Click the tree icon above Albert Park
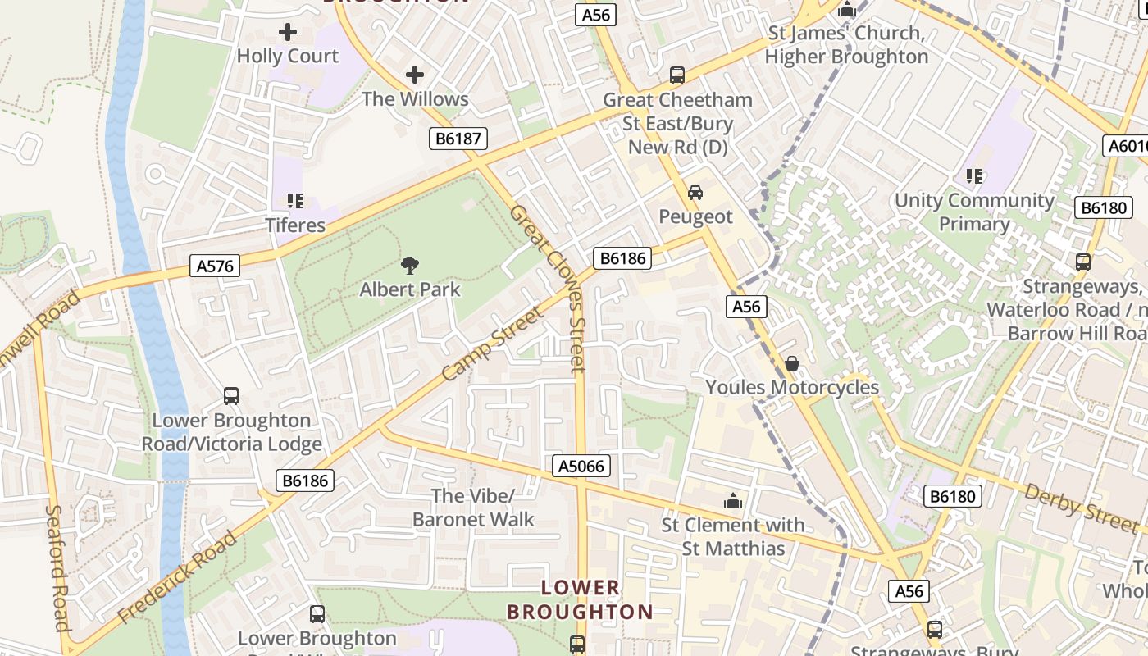[410, 265]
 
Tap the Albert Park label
[410, 289]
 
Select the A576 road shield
[216, 266]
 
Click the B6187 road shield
[458, 139]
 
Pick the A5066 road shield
[581, 466]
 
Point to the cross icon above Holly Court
[288, 32]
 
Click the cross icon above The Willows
[415, 75]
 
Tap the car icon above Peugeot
[695, 193]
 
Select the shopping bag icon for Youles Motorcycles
[792, 362]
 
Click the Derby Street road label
[1081, 506]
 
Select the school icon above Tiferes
[295, 201]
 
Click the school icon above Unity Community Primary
[974, 175]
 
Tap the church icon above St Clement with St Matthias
[732, 500]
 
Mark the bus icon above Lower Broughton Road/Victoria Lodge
[231, 396]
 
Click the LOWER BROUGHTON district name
[580, 599]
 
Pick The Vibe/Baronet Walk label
[473, 508]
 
